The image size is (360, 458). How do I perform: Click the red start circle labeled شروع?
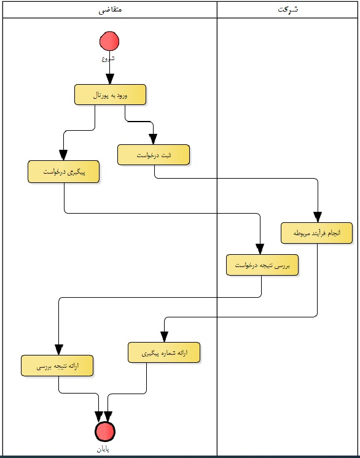(109, 41)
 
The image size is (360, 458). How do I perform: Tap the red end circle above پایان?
(105, 432)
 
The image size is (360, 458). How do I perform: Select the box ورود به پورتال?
(110, 95)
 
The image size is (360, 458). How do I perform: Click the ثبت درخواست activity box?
(154, 155)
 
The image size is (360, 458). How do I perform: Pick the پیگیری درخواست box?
(64, 172)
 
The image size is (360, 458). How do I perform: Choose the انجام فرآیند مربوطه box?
(317, 233)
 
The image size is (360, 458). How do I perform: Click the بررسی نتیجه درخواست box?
(262, 265)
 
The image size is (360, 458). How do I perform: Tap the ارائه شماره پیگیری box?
(164, 352)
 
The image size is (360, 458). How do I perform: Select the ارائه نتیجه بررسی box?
(57, 366)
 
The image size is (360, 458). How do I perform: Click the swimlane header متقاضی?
(110, 10)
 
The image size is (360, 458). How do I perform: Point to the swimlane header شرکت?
(288, 9)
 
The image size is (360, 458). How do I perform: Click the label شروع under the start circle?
(108, 58)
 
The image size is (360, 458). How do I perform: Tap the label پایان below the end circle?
(103, 449)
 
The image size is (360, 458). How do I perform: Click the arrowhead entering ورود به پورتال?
(110, 79)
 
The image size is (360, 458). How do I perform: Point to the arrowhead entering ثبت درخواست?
(153, 139)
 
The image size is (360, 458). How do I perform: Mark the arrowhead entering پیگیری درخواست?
(63, 155)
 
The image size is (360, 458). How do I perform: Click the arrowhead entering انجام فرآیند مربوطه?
(318, 217)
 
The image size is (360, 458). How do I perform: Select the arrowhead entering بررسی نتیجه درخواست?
(260, 249)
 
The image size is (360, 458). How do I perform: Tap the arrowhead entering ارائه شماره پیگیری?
(164, 337)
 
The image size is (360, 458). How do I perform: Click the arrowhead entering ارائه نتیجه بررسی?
(59, 350)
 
